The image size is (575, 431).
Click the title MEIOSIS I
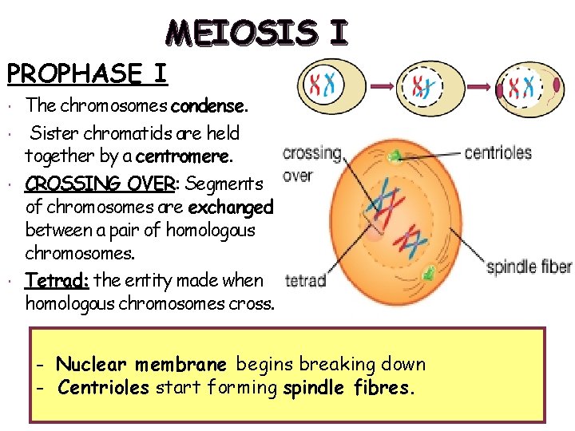click(x=257, y=33)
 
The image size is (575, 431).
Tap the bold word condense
click(x=210, y=105)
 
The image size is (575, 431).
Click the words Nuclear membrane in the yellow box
click(x=141, y=365)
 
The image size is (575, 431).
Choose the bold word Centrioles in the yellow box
click(x=104, y=389)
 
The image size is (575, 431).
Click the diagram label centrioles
click(x=498, y=152)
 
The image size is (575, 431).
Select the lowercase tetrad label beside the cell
click(x=305, y=281)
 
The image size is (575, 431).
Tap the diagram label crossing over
click(x=311, y=163)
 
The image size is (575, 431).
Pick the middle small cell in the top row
click(x=430, y=86)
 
